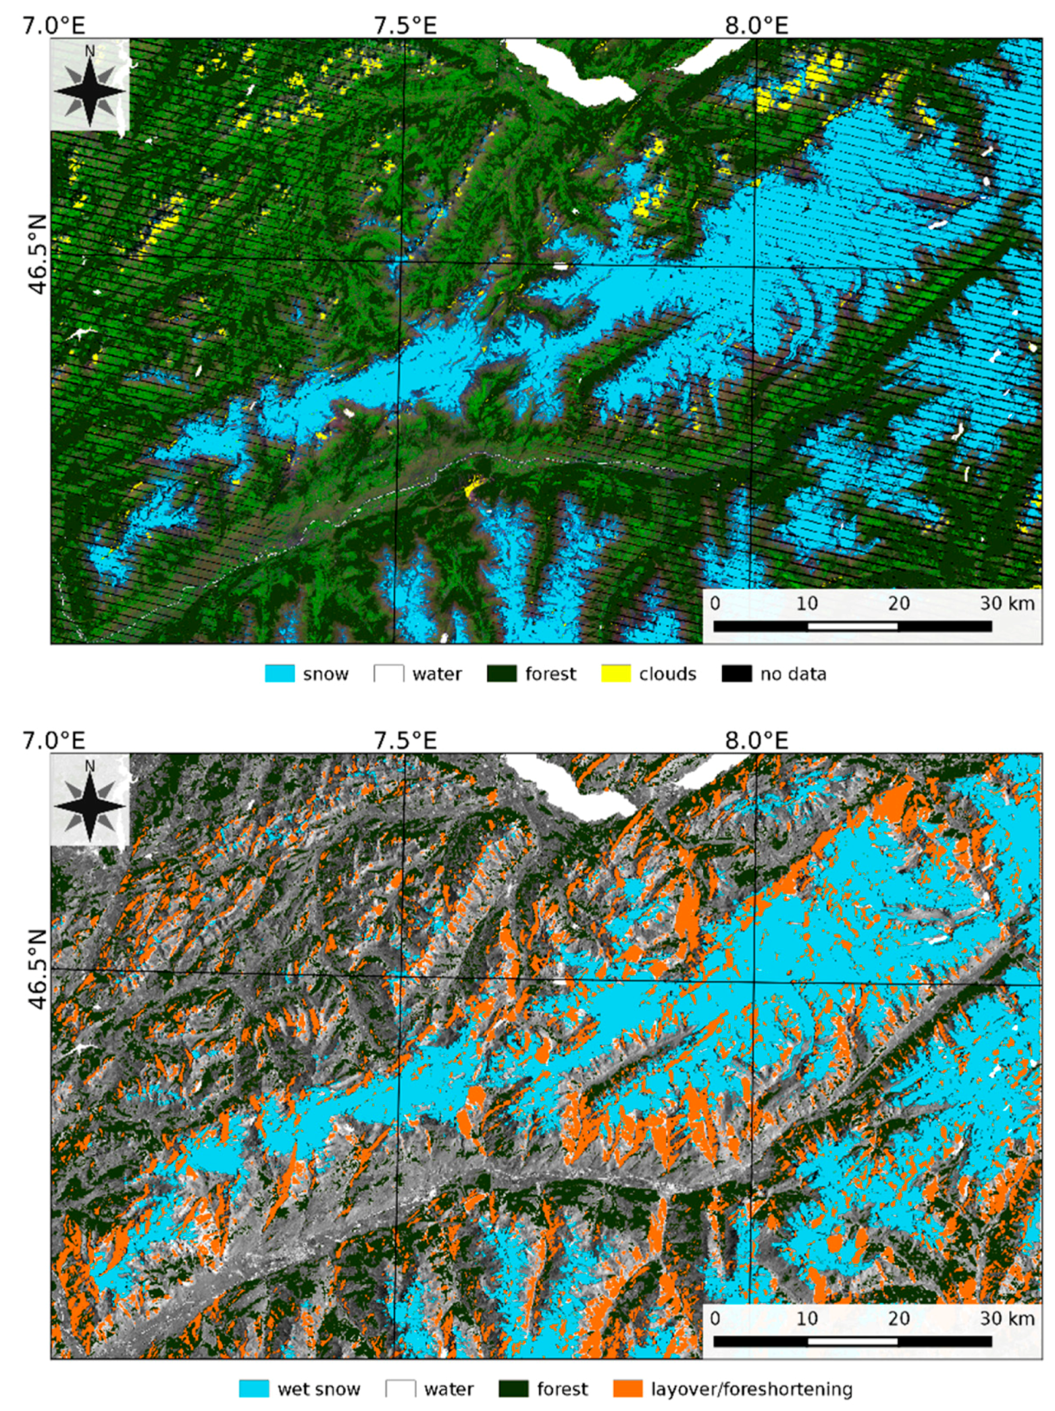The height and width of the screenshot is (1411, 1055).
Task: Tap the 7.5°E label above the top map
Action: tap(405, 26)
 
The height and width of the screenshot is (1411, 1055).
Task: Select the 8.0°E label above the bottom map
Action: tap(756, 740)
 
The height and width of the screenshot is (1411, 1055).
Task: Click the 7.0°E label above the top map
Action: tap(54, 26)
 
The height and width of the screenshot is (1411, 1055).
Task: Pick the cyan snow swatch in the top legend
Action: tap(280, 673)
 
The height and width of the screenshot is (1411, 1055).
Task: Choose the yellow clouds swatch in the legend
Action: tap(615, 673)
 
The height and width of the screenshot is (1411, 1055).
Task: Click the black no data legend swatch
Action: tap(736, 673)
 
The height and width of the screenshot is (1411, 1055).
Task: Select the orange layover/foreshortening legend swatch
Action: tap(627, 1389)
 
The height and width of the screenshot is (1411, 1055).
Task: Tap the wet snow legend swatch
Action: tap(254, 1389)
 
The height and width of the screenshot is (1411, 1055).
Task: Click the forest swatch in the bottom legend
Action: tap(513, 1389)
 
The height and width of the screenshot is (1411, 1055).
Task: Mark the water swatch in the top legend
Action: tap(388, 673)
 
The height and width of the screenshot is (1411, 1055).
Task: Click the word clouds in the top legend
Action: tap(667, 673)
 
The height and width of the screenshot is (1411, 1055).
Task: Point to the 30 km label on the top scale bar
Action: tap(1006, 602)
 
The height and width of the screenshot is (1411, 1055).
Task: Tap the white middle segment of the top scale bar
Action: tap(852, 626)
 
